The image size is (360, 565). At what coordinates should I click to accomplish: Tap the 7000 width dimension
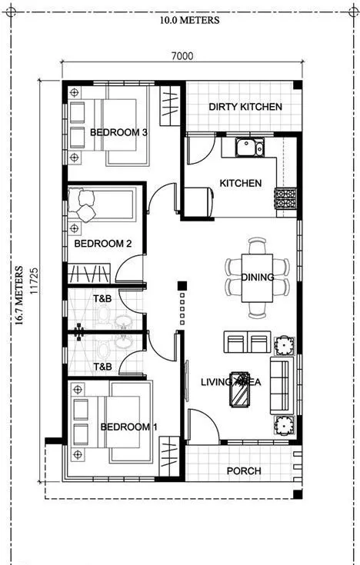[182, 55]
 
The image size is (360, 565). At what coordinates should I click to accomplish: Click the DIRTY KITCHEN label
[245, 107]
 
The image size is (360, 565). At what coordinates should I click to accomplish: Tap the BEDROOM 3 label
[118, 132]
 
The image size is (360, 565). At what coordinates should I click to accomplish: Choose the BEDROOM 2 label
[102, 244]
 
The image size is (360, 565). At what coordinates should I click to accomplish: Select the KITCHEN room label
[240, 184]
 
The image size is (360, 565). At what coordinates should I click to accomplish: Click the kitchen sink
[249, 147]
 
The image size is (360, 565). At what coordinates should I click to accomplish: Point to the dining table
[258, 278]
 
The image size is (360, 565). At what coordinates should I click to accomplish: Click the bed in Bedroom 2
[104, 207]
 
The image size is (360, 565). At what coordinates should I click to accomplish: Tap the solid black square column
[182, 287]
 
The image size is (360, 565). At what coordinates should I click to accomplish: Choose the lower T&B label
[102, 367]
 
